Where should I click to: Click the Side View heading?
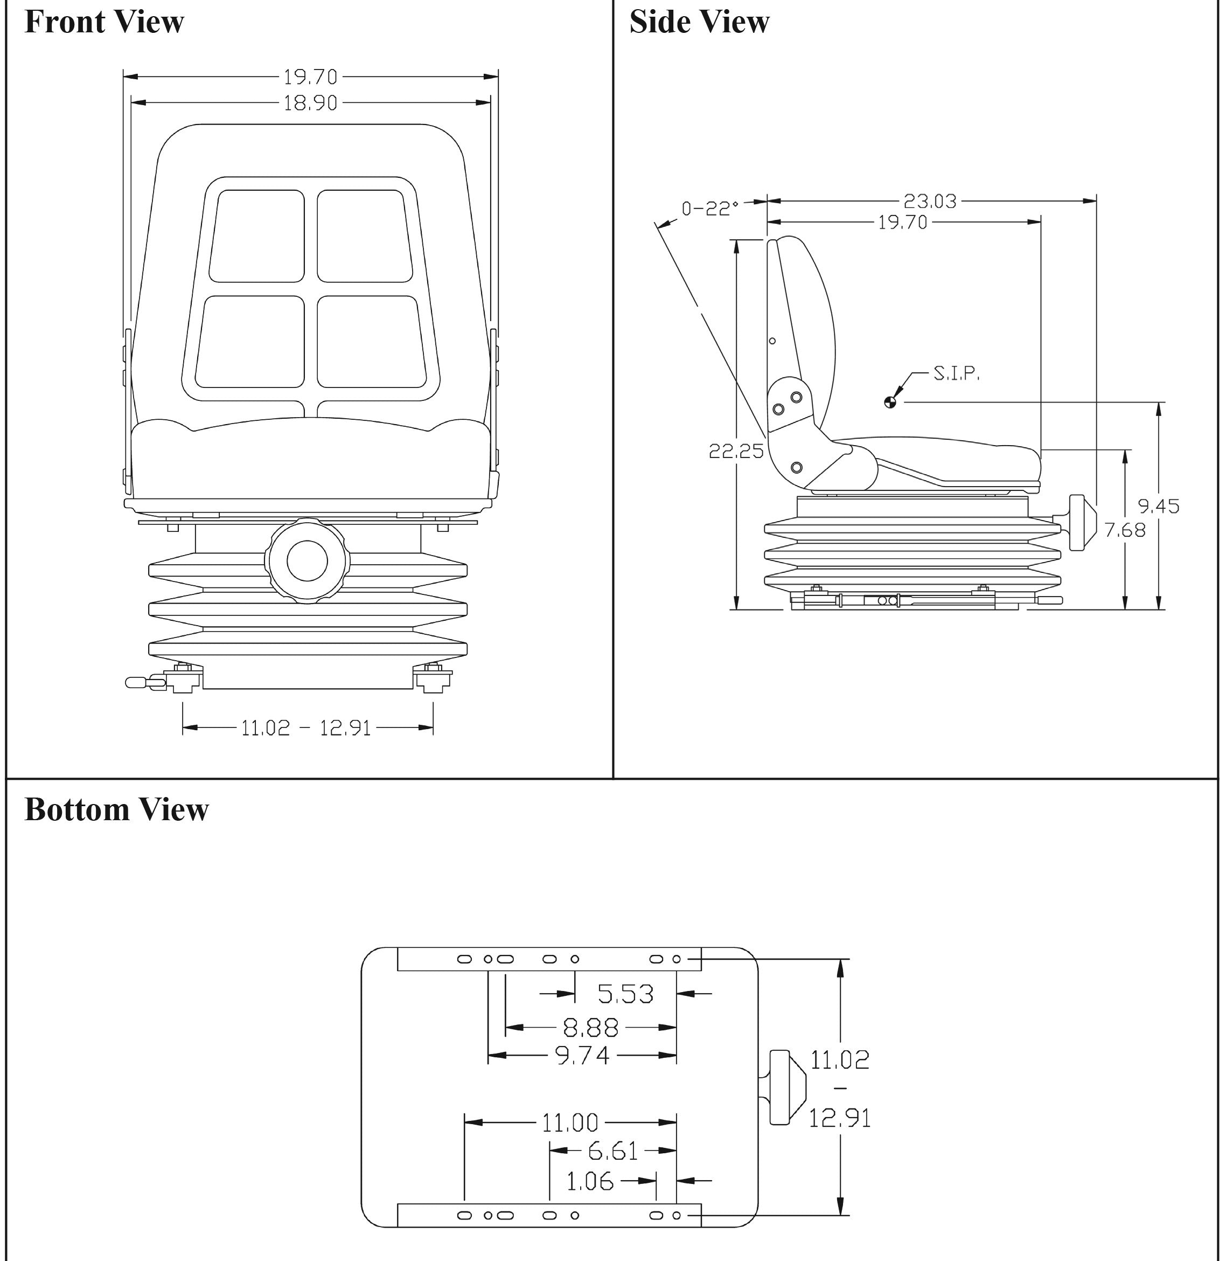pos(699,22)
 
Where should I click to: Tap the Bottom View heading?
pos(116,809)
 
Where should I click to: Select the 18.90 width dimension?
pos(310,103)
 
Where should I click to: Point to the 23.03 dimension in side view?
pos(930,202)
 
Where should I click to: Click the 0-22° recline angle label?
pos(709,208)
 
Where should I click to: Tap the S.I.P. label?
pos(956,373)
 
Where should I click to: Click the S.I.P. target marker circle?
pos(890,403)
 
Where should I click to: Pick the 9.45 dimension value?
pos(1158,506)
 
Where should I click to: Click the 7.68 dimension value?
pos(1125,530)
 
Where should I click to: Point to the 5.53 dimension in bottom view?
pos(625,994)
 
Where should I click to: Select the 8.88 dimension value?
pos(590,1028)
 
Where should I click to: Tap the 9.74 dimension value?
pos(582,1056)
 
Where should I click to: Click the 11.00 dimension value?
pos(570,1123)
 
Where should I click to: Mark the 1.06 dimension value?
pos(590,1181)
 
